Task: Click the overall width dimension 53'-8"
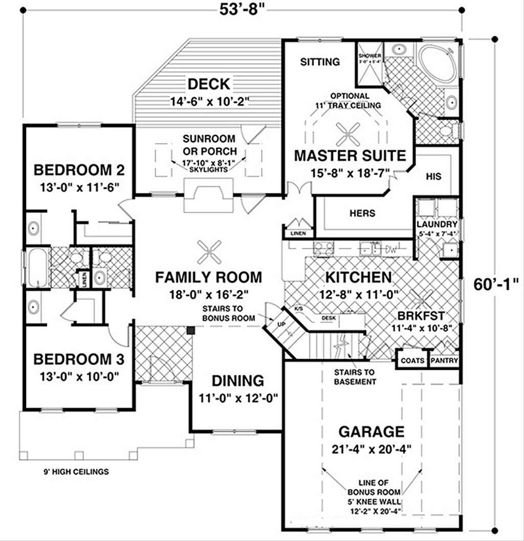coord(240,9)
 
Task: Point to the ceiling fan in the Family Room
coord(209,251)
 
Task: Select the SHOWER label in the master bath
coord(370,55)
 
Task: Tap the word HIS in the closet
coord(433,176)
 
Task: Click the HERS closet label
coord(362,213)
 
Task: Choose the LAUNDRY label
coord(436,224)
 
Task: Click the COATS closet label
coord(412,360)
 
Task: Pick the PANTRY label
coord(444,360)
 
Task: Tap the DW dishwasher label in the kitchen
coord(391,249)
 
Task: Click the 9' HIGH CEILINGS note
coord(76,471)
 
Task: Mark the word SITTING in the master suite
coord(320,62)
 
